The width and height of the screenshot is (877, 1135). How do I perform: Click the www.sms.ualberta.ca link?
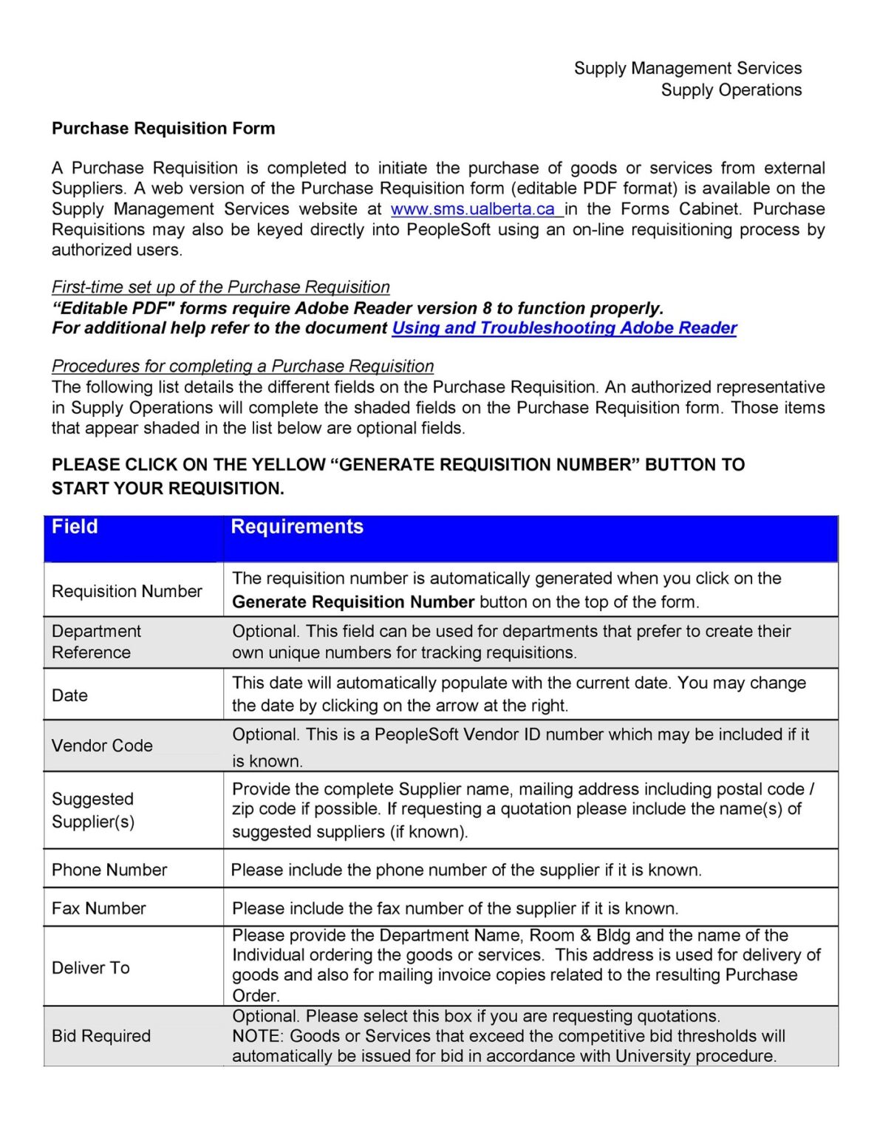473,209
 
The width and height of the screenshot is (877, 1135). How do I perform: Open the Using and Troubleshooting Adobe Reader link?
564,328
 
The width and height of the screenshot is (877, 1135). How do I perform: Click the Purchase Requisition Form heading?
163,129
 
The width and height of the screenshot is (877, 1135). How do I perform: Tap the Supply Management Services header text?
687,69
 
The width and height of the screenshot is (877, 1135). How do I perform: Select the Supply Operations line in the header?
731,90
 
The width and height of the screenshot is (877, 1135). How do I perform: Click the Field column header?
75,527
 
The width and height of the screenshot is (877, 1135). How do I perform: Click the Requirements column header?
297,527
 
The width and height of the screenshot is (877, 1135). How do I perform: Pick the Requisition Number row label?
126,591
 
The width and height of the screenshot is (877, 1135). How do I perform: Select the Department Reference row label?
96,641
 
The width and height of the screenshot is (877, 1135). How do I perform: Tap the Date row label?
69,695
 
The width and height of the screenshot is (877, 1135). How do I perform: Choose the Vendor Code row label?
102,746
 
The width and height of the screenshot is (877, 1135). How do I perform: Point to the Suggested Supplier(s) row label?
93,810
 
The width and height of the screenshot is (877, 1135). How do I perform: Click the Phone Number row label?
109,870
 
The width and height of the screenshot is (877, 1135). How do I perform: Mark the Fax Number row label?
99,908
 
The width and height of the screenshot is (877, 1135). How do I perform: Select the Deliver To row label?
91,968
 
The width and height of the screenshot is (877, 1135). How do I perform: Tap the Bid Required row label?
101,1036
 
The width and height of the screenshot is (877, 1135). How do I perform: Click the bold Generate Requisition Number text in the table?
352,602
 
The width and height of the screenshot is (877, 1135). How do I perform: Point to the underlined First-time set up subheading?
220,287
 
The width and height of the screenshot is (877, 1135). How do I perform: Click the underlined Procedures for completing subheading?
242,367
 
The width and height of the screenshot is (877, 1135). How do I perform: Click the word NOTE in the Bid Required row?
250,1036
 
